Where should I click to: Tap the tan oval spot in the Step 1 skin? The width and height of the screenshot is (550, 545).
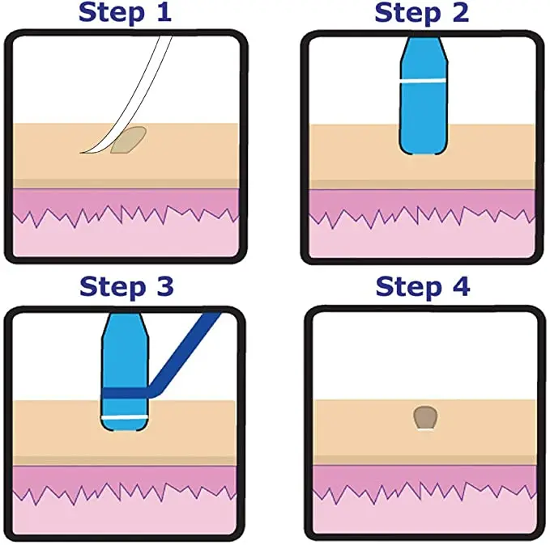[130, 141]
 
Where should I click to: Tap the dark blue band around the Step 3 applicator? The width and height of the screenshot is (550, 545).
[125, 395]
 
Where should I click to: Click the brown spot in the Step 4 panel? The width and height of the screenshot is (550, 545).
[424, 417]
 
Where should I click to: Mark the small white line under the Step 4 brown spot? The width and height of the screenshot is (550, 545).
[424, 429]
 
